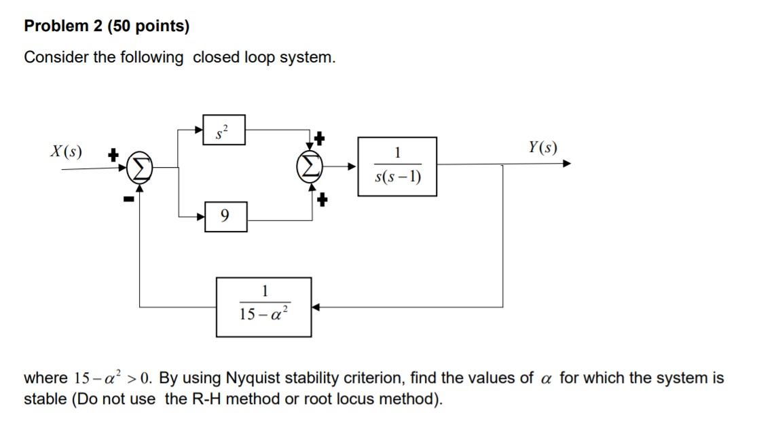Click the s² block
click(x=224, y=130)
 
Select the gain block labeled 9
click(x=225, y=216)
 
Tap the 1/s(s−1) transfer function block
click(x=397, y=166)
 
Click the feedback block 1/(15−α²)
click(x=264, y=307)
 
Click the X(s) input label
click(x=66, y=151)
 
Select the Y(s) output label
click(x=542, y=147)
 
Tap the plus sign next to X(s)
click(x=114, y=156)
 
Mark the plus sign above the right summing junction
click(x=319, y=139)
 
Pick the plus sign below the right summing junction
click(x=322, y=200)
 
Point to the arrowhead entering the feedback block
click(x=317, y=307)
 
